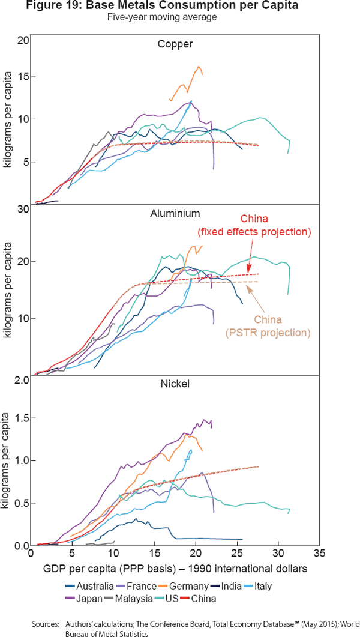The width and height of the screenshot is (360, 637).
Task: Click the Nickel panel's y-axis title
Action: pyautogui.click(x=8, y=460)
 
